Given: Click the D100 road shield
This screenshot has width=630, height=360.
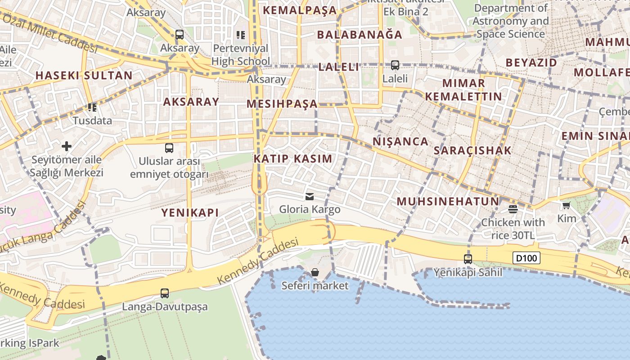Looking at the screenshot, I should pyautogui.click(x=526, y=258).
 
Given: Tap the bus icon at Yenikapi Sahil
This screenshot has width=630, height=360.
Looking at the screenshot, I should pyautogui.click(x=468, y=259).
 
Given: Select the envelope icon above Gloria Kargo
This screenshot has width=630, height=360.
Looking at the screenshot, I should pyautogui.click(x=310, y=196).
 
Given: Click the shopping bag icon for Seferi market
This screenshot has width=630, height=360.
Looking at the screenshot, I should pyautogui.click(x=315, y=272).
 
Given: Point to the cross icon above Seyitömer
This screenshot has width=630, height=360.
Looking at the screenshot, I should pyautogui.click(x=67, y=146).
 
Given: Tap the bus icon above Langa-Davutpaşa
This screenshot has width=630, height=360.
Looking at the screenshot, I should pyautogui.click(x=165, y=293).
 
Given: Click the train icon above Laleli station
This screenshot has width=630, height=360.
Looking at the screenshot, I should pyautogui.click(x=395, y=65).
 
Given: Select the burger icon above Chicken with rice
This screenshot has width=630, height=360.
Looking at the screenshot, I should pyautogui.click(x=513, y=209).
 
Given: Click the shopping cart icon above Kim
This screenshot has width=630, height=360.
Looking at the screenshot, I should pyautogui.click(x=566, y=206).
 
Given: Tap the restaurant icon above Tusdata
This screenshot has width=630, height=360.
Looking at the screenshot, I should pyautogui.click(x=92, y=107).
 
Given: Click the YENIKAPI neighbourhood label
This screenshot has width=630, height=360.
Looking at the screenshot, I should pyautogui.click(x=190, y=212).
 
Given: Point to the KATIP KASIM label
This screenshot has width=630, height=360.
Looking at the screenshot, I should pyautogui.click(x=293, y=158).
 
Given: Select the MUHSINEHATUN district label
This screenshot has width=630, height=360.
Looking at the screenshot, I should pyautogui.click(x=448, y=201).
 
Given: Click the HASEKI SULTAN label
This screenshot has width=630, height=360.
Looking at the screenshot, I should pyautogui.click(x=84, y=75).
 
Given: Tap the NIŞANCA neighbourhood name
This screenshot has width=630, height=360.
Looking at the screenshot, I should pyautogui.click(x=400, y=141).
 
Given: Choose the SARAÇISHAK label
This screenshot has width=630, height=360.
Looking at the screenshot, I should pyautogui.click(x=472, y=150).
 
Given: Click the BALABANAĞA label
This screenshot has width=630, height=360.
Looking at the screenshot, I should pyautogui.click(x=360, y=34).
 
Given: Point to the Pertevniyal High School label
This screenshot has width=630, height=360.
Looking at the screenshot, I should pyautogui.click(x=241, y=54).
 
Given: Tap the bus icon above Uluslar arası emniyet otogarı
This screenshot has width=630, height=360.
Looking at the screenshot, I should pyautogui.click(x=169, y=148).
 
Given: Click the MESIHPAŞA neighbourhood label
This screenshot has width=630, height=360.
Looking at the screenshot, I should pyautogui.click(x=282, y=104).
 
